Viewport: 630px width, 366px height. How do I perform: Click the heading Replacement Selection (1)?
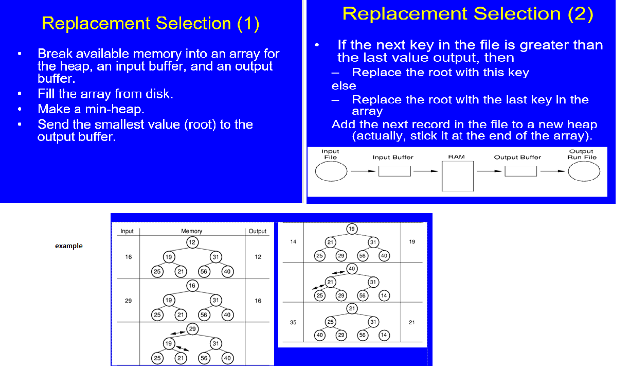pos(150,24)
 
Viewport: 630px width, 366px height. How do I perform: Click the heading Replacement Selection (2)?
pos(467,14)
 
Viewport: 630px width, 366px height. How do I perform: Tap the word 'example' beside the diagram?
pos(69,246)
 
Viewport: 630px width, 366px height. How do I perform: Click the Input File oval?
pos(331,172)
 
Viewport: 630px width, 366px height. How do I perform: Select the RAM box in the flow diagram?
pos(457,176)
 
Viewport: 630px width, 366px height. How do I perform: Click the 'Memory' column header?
pos(191,231)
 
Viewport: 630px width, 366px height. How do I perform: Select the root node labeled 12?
pos(192,242)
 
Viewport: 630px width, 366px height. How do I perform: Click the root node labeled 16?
pos(192,286)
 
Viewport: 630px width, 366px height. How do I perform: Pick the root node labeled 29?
pos(192,328)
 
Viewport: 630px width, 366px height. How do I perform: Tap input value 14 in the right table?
pos(293,241)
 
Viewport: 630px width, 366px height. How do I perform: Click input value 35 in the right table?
pos(293,323)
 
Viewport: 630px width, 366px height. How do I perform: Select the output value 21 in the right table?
pos(411,323)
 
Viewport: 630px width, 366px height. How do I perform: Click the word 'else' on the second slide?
pos(344,86)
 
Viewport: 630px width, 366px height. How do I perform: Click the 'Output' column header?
pos(257,231)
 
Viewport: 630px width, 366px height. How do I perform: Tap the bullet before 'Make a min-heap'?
pos(20,110)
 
